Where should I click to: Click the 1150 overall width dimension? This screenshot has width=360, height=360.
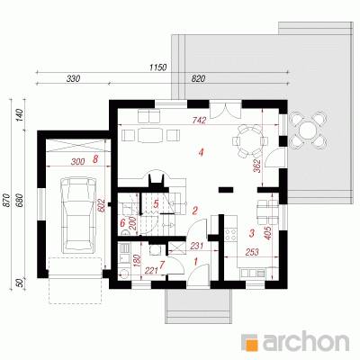tap(158, 67)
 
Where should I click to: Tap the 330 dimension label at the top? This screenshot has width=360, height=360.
tap(73, 78)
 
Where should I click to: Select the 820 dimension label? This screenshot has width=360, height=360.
tap(198, 78)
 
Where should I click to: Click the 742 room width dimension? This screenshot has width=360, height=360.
tap(200, 121)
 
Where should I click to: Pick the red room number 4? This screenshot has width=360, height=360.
tap(201, 153)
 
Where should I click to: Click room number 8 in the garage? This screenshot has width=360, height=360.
tap(95, 159)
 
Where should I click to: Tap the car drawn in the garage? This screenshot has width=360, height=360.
tap(78, 215)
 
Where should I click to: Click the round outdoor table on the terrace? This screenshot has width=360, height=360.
tap(308, 130)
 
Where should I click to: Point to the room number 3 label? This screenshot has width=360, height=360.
tap(252, 233)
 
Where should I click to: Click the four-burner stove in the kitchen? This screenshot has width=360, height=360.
tap(230, 234)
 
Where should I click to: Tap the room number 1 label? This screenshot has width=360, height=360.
tap(196, 262)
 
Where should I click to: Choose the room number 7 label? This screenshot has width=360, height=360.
tap(162, 265)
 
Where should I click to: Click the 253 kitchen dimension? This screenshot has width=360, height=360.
tap(252, 252)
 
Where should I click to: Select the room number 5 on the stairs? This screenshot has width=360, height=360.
tap(156, 204)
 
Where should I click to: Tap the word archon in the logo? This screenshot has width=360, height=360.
tap(306, 342)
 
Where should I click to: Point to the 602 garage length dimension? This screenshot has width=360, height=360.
tap(103, 206)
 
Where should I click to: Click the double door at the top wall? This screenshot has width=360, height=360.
tap(225, 110)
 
